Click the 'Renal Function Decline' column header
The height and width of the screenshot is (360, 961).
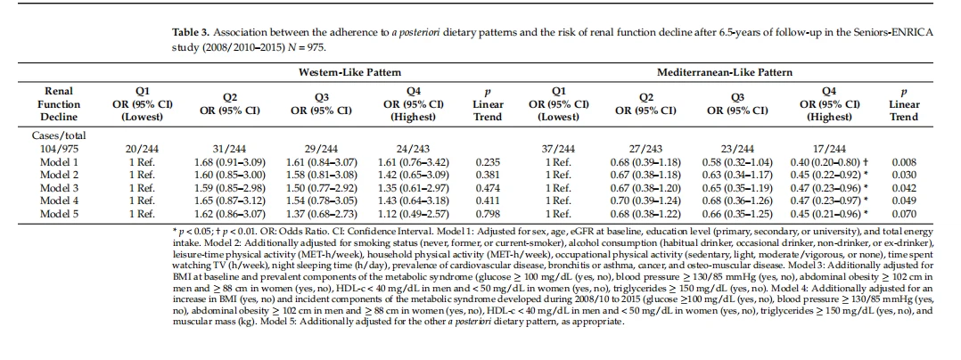click(x=59, y=103)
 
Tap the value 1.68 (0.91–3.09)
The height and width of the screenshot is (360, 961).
click(x=229, y=162)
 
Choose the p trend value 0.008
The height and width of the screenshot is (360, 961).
click(x=903, y=162)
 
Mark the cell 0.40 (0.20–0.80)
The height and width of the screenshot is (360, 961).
click(x=826, y=162)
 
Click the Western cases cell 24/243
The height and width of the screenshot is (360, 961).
click(x=413, y=149)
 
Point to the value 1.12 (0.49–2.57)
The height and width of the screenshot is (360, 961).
click(x=413, y=214)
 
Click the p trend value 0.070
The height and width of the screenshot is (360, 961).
click(x=903, y=214)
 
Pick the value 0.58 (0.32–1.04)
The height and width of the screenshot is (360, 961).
click(x=737, y=162)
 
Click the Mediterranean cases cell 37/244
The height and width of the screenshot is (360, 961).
click(x=559, y=149)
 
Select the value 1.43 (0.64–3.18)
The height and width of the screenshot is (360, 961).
click(x=413, y=201)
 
